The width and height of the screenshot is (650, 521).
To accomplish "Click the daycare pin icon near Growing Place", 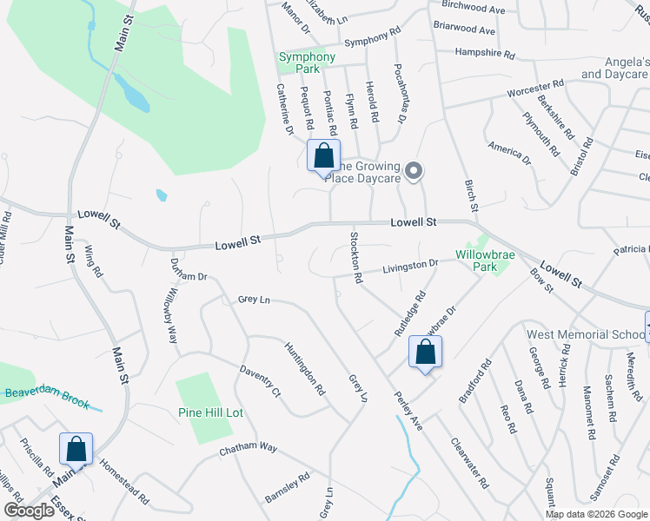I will click(x=415, y=171).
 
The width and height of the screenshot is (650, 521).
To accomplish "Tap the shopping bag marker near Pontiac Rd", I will click(x=324, y=157).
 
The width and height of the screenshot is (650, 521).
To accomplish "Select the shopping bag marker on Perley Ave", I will click(x=425, y=353).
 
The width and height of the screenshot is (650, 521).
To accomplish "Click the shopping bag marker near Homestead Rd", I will click(x=76, y=450).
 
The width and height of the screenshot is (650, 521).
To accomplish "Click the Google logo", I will click(x=30, y=511).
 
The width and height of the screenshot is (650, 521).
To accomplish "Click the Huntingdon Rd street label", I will click(x=304, y=369).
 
